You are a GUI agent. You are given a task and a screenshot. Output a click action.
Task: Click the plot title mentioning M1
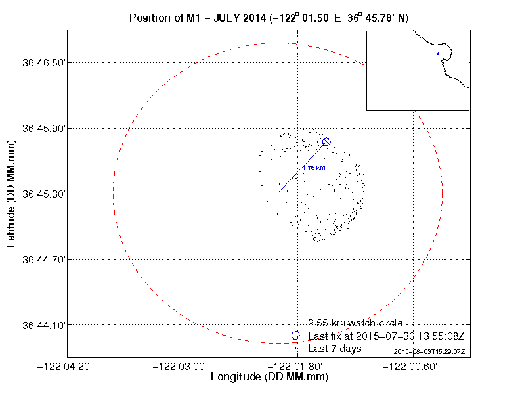coord(269,18)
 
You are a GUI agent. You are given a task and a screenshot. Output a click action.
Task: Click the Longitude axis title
coord(269,378)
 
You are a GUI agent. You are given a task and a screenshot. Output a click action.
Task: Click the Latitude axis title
coord(11,194)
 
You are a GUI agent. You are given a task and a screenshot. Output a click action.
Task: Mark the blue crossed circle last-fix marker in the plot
coord(326,142)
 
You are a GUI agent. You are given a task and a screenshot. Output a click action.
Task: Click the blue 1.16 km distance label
coord(314,168)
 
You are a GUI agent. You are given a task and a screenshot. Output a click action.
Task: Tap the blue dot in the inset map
coord(438,53)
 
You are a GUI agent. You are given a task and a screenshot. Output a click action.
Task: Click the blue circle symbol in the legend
coord(295,336)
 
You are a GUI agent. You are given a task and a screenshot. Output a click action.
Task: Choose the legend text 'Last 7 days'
coord(335,349)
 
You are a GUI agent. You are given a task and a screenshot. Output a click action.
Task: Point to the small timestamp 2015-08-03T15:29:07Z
coord(429,352)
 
